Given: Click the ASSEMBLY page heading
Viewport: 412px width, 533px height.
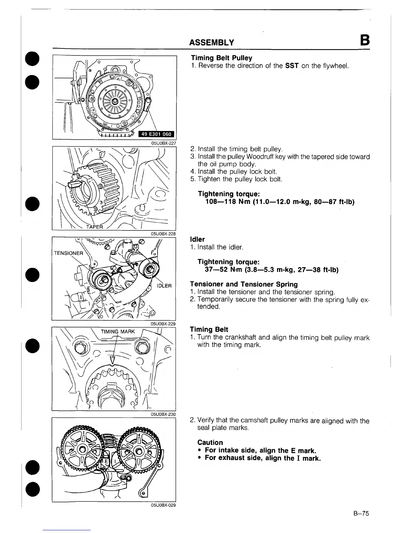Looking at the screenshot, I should pyautogui.click(x=211, y=42).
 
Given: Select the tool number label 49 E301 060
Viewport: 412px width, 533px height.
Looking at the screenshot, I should pyautogui.click(x=156, y=134).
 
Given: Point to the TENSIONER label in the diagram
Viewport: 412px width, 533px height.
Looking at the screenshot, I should pyautogui.click(x=68, y=253).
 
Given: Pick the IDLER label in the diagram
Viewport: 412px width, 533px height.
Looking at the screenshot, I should pyautogui.click(x=164, y=286).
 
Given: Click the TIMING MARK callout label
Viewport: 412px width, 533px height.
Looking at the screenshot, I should pyautogui.click(x=118, y=331).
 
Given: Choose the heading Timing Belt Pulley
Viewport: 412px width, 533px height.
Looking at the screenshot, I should pyautogui.click(x=221, y=58).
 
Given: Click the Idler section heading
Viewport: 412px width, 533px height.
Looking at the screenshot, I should pyautogui.click(x=197, y=239).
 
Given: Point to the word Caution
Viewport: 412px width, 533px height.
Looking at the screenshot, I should pyautogui.click(x=210, y=442).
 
